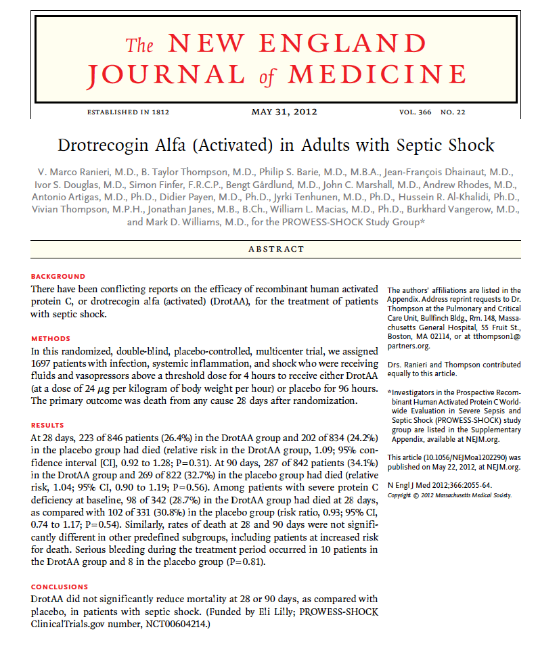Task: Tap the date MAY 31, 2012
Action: pyautogui.click(x=284, y=112)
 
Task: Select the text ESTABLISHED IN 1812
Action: pyautogui.click(x=128, y=112)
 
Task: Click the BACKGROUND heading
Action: pyautogui.click(x=58, y=277)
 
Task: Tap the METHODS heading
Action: pyautogui.click(x=51, y=339)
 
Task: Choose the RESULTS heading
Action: pyautogui.click(x=47, y=426)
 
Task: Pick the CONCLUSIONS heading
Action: pyautogui.click(x=60, y=587)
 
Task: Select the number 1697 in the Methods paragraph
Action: pyautogui.click(x=41, y=365)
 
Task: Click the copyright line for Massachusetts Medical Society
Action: pyautogui.click(x=449, y=495)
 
